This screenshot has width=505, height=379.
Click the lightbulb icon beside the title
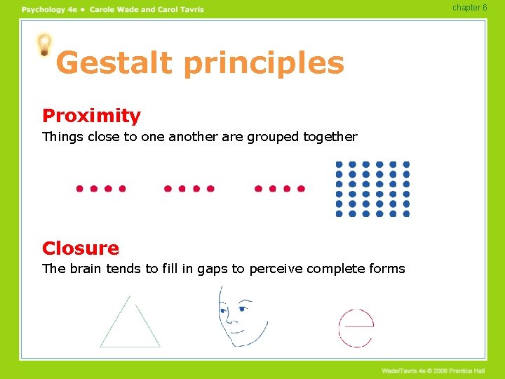pyautogui.click(x=44, y=44)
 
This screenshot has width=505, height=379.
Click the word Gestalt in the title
pyautogui.click(x=114, y=63)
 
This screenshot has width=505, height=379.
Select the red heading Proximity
pyautogui.click(x=91, y=116)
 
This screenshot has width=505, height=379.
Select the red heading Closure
pyautogui.click(x=81, y=248)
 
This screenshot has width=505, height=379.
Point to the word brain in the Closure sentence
pyautogui.click(x=86, y=269)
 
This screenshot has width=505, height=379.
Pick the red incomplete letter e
pyautogui.click(x=356, y=327)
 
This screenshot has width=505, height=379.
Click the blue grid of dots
pyautogui.click(x=372, y=189)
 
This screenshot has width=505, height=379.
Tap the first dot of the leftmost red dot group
pyautogui.click(x=79, y=189)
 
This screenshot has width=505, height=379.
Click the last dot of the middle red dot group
pyautogui.click(x=210, y=189)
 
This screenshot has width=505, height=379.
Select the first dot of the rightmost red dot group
pyautogui.click(x=257, y=189)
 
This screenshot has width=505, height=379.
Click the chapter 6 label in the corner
pyautogui.click(x=469, y=8)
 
